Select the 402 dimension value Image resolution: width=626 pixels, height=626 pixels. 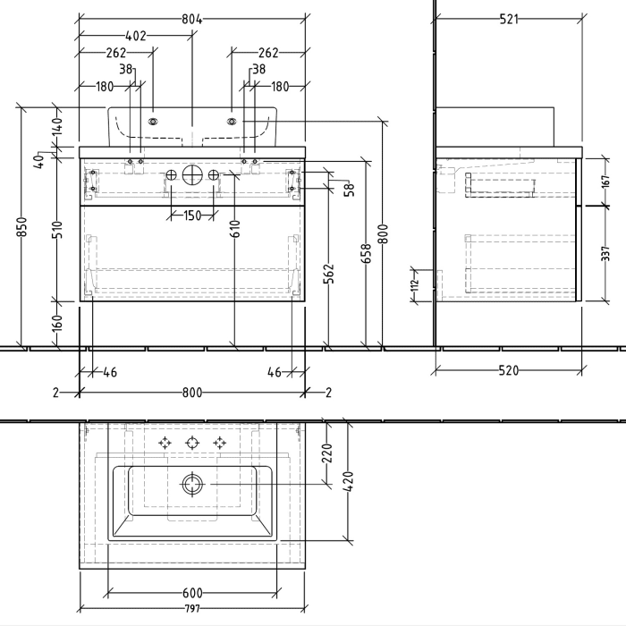135,37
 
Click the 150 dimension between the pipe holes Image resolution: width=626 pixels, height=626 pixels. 192,216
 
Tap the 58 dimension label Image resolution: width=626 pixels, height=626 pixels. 349,189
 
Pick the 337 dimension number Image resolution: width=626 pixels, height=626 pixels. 605,254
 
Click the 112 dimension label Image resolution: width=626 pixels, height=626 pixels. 415,285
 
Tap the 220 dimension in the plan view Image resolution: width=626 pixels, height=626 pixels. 327,453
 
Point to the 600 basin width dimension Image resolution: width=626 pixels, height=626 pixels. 192,594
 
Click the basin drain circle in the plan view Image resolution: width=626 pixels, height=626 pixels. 192,486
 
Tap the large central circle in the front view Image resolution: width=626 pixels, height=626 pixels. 192,173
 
